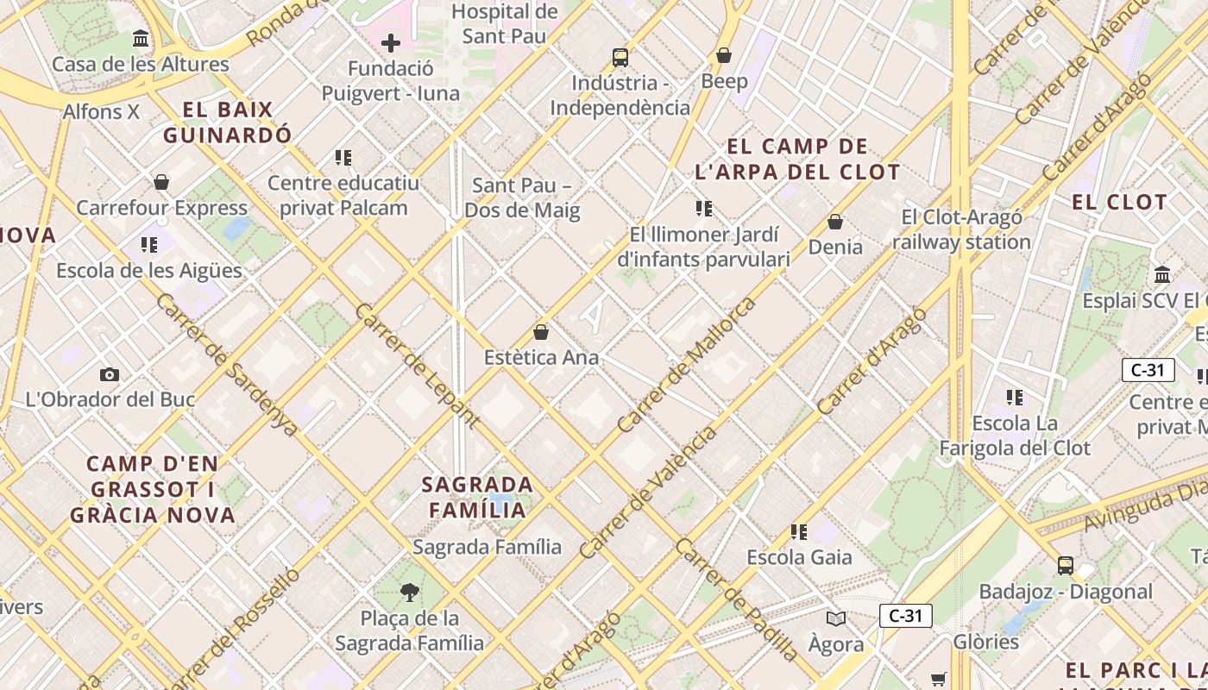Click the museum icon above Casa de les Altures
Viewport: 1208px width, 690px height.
pyautogui.click(x=141, y=39)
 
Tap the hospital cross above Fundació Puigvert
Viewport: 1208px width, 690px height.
pyautogui.click(x=391, y=42)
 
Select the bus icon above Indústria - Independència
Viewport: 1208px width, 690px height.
pyautogui.click(x=620, y=58)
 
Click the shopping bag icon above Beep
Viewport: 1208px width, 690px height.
pyautogui.click(x=724, y=55)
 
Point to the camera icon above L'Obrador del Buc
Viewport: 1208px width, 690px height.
pyautogui.click(x=110, y=374)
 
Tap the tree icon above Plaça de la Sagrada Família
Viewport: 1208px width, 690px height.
pyautogui.click(x=410, y=592)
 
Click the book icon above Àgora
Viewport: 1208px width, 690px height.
pyautogui.click(x=835, y=618)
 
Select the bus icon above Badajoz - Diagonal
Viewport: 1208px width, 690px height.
pyautogui.click(x=1066, y=566)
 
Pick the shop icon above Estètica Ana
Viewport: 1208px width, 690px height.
pyautogui.click(x=541, y=332)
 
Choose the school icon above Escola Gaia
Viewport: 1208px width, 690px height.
pyautogui.click(x=799, y=532)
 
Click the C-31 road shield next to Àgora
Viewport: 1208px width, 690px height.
pyautogui.click(x=905, y=616)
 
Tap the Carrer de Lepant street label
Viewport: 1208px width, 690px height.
pyautogui.click(x=417, y=366)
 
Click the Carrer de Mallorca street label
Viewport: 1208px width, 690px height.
pyautogui.click(x=687, y=365)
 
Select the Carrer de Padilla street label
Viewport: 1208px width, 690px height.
pyautogui.click(x=737, y=599)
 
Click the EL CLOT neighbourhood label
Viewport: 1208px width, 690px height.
pyautogui.click(x=1118, y=203)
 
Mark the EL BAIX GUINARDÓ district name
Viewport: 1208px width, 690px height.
pyautogui.click(x=228, y=122)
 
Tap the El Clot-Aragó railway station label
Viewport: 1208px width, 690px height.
pyautogui.click(x=961, y=229)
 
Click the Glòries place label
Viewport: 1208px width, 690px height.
pyautogui.click(x=985, y=642)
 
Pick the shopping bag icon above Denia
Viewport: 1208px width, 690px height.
pyautogui.click(x=834, y=222)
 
